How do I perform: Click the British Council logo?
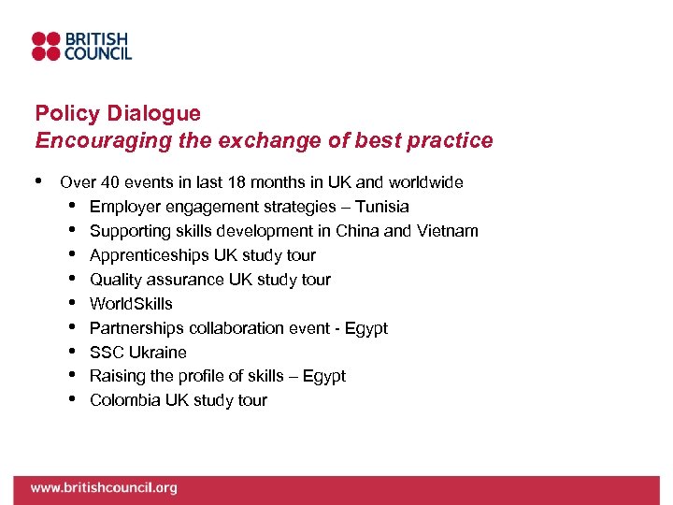(x=81, y=47)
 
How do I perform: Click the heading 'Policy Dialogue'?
(x=118, y=114)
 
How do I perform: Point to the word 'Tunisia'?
(x=381, y=207)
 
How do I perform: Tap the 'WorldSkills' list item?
(x=131, y=304)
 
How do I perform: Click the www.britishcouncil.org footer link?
(x=103, y=488)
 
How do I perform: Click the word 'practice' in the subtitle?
(x=455, y=140)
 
